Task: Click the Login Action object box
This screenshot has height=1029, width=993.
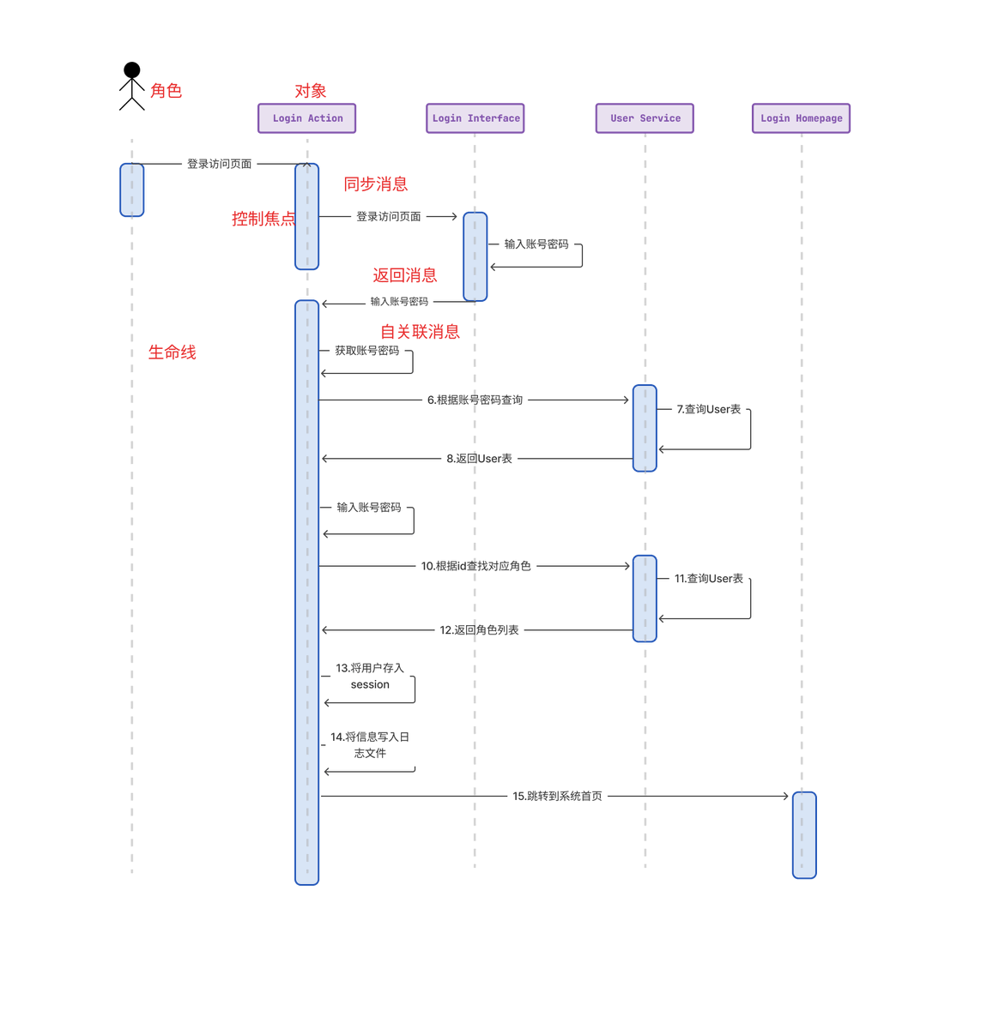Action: (306, 118)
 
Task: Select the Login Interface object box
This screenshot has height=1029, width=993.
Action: (475, 118)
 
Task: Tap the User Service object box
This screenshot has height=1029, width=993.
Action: (645, 118)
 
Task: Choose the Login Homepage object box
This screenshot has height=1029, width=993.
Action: (801, 118)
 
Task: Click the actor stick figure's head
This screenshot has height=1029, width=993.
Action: (131, 69)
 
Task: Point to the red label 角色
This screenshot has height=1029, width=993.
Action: (166, 91)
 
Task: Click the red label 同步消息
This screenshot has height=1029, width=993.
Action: (375, 184)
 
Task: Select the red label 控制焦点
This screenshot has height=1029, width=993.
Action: (263, 219)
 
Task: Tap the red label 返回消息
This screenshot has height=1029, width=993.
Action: (404, 275)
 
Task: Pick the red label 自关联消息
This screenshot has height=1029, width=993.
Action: (420, 332)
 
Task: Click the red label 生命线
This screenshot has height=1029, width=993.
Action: (172, 352)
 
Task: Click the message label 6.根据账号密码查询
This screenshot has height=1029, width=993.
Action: (475, 400)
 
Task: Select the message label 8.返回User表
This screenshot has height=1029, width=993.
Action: (479, 459)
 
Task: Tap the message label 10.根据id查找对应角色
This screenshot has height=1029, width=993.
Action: (475, 566)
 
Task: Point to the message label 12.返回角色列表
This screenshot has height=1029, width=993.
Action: (479, 630)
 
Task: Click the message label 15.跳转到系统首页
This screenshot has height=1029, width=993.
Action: (557, 797)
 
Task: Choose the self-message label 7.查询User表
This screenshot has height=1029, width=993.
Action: (708, 410)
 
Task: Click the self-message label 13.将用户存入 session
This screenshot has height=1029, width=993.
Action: (369, 677)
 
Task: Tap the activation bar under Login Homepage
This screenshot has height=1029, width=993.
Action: (804, 835)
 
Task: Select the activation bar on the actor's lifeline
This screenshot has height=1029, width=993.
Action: (131, 190)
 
